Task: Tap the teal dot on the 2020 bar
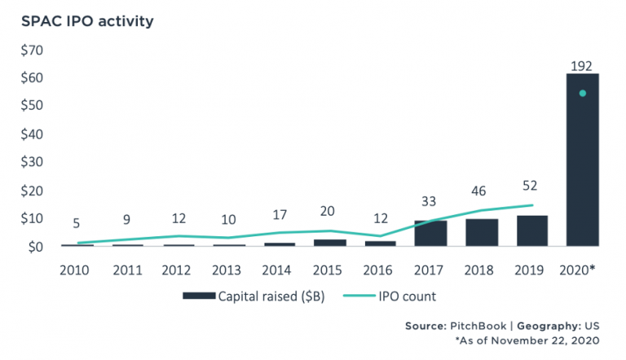click(582, 93)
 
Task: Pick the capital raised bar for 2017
click(430, 233)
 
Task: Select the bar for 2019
click(531, 230)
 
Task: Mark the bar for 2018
click(481, 232)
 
